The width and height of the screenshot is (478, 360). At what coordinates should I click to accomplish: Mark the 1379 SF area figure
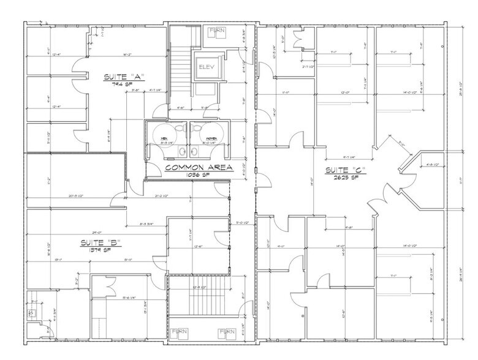pyautogui.click(x=101, y=250)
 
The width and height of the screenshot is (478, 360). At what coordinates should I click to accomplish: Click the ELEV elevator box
pyautogui.click(x=203, y=69)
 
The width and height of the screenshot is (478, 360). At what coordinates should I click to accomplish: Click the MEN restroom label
pyautogui.click(x=164, y=140)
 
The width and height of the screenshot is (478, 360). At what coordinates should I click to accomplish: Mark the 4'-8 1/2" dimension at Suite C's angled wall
pyautogui.click(x=429, y=165)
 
